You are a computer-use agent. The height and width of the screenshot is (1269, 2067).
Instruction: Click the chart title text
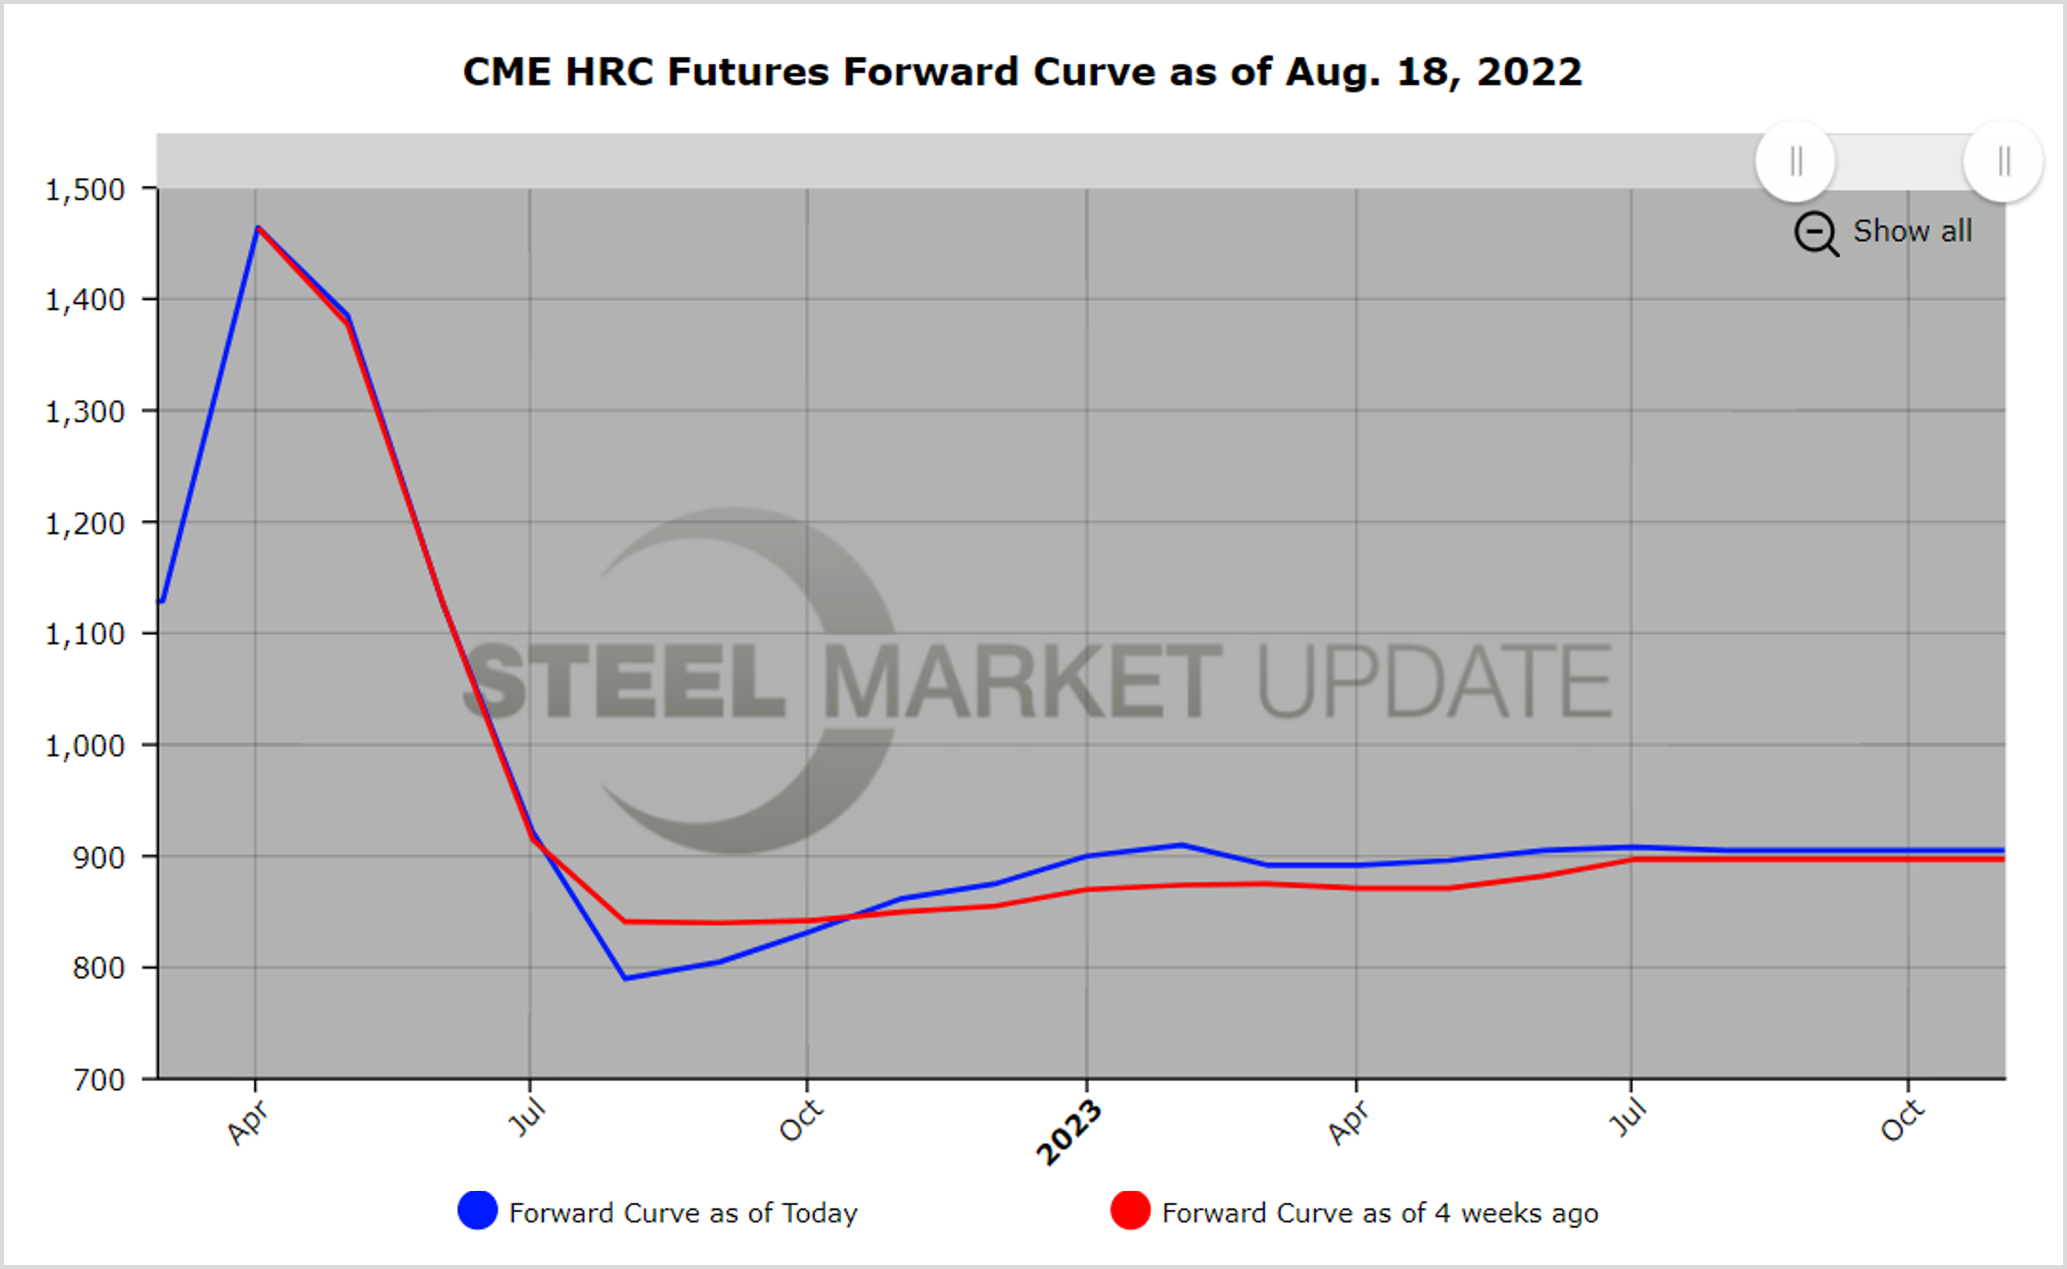pos(1022,71)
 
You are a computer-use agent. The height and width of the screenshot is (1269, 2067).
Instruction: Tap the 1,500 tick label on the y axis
pos(85,189)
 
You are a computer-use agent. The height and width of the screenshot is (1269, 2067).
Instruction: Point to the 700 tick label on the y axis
pos(98,1080)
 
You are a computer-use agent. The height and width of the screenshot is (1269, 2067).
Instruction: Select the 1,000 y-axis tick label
pos(85,745)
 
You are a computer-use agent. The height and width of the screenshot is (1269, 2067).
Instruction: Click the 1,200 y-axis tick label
pos(85,523)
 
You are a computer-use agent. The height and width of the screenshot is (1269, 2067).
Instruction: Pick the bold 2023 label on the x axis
pos(1068,1133)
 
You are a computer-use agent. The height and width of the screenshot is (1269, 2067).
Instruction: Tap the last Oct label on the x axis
pos(1902,1120)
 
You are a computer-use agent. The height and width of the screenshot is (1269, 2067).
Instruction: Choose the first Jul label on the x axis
pos(527,1118)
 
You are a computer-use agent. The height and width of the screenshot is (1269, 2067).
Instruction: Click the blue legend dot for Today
pos(477,1210)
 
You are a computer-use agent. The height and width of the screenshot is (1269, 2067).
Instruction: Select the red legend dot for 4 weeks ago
pos(1130,1210)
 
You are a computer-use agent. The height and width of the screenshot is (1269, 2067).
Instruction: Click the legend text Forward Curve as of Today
pos(683,1213)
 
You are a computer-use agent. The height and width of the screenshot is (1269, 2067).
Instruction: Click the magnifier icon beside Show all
pos(1816,232)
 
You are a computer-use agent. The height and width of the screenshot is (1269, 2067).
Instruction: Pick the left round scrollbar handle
pos(1795,161)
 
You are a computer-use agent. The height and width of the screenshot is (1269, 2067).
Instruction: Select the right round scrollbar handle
pos(2003,161)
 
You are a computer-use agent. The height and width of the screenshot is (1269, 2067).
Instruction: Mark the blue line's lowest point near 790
pos(626,978)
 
